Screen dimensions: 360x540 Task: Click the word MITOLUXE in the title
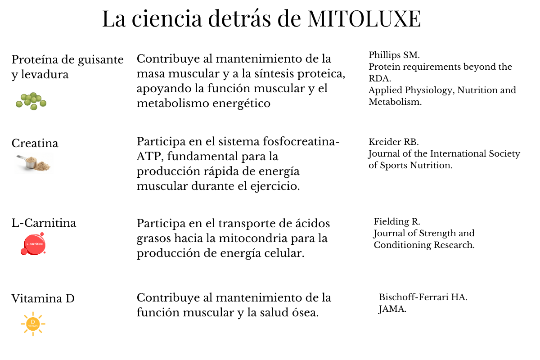364,19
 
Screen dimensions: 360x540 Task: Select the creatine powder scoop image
34,163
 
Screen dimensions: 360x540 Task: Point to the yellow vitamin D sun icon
33,323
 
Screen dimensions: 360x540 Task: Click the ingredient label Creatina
35,144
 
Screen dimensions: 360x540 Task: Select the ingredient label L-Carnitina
44,223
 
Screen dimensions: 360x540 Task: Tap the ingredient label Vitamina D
43,298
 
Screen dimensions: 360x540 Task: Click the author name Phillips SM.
394,55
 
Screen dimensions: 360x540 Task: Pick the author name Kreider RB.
393,142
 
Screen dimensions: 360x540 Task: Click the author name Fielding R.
396,221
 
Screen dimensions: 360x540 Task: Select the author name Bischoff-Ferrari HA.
423,297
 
